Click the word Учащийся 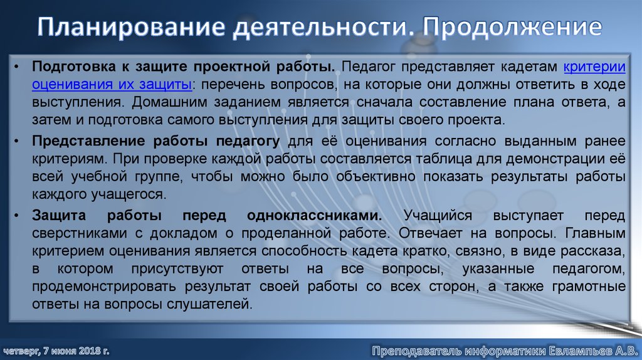click(439, 216)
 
